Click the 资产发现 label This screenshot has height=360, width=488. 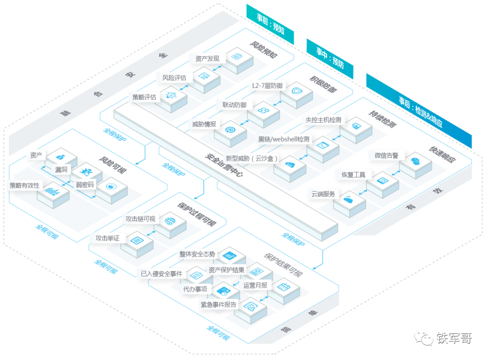[x=207, y=58]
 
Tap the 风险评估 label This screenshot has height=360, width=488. [x=174, y=78]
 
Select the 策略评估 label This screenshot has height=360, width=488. [x=145, y=97]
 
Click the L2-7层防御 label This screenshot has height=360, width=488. [x=267, y=85]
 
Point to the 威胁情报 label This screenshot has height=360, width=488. [x=204, y=124]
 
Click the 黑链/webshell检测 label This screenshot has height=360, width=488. [x=284, y=139]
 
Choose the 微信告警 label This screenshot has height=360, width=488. [x=386, y=156]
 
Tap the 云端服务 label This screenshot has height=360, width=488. [x=324, y=194]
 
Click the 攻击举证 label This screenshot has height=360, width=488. [x=108, y=238]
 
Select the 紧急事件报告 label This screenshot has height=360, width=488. [x=219, y=304]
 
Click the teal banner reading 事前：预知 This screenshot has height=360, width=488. [x=270, y=24]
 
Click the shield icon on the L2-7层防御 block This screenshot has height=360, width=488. [x=297, y=91]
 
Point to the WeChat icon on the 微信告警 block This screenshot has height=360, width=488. [x=415, y=161]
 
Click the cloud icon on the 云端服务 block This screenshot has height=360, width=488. [x=348, y=199]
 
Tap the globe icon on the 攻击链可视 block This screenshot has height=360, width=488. [x=170, y=221]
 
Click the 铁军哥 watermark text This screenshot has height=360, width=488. [x=454, y=338]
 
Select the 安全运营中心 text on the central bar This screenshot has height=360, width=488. [x=224, y=166]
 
